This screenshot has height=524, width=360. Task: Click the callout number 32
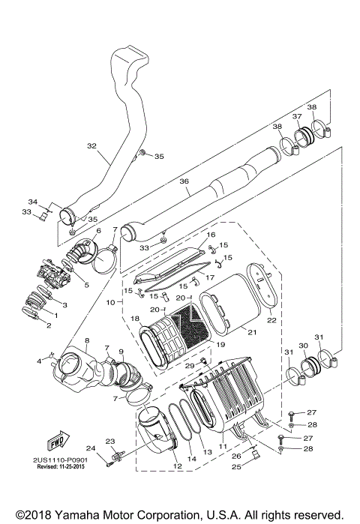coord(92,146)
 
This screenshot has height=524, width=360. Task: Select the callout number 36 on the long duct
coord(184,181)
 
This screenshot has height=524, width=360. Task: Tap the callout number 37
coord(297,116)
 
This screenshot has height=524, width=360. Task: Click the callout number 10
coord(109,302)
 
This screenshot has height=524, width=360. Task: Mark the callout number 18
coord(136,319)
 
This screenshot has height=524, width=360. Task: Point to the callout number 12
coord(178,466)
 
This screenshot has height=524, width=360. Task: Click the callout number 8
coord(87,340)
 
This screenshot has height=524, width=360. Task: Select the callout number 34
coord(32,202)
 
